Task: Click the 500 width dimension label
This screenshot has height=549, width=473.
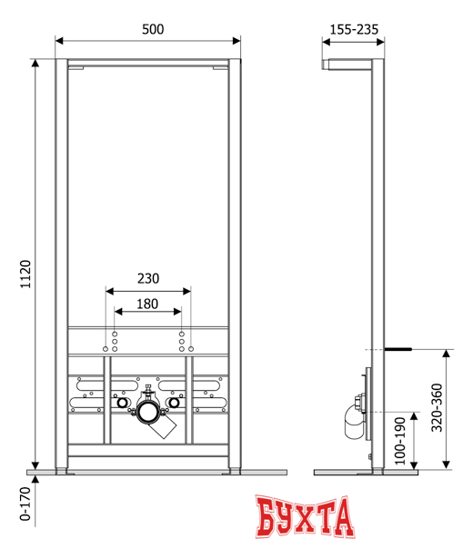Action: click(151, 29)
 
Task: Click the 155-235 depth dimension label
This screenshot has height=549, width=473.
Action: click(354, 29)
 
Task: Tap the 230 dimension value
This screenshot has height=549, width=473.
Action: click(148, 280)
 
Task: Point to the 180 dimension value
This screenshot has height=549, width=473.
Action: click(147, 304)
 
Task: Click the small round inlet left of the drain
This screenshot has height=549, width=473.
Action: click(120, 402)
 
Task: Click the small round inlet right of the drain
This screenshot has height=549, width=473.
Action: click(176, 402)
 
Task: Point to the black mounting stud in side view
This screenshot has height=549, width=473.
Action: click(398, 348)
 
